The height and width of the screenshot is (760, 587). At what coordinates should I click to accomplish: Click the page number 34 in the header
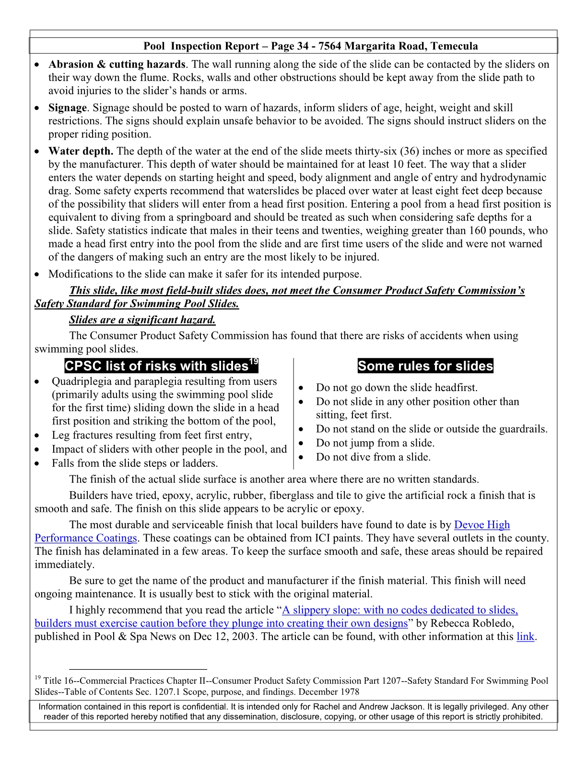[303, 46]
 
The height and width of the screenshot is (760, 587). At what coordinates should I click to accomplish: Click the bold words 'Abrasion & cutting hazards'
[117, 64]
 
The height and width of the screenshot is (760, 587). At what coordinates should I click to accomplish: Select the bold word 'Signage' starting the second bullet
[68, 108]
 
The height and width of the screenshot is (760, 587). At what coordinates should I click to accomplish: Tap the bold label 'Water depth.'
[81, 151]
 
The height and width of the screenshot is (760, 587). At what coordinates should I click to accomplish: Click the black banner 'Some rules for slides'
[425, 366]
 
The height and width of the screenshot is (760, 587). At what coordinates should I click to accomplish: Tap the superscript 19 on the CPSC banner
[254, 362]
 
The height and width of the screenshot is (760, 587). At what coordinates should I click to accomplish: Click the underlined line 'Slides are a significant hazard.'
[142, 320]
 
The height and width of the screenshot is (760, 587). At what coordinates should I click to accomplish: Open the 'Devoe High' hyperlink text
[481, 525]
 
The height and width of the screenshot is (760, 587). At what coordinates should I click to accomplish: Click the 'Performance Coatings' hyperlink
[86, 538]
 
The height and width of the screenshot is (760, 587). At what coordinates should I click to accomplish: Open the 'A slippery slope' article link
[400, 610]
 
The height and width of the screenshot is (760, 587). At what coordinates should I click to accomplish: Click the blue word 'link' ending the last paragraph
[525, 637]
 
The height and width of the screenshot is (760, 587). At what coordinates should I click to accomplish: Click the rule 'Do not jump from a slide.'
[375, 443]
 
